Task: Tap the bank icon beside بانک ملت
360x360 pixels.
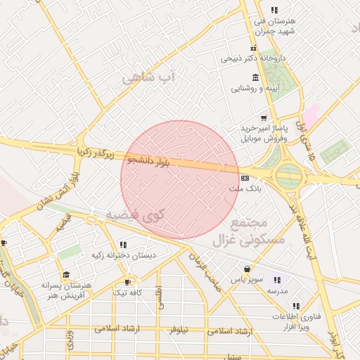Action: pos(244,176)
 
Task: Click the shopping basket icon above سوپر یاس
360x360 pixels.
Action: pos(247,269)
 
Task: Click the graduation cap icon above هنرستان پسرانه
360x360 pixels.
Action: pos(66,275)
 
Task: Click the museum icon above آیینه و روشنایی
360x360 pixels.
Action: pos(254,77)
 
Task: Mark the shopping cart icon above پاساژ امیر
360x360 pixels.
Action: pos(264,117)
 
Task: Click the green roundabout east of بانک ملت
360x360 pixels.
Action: pos(289,176)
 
